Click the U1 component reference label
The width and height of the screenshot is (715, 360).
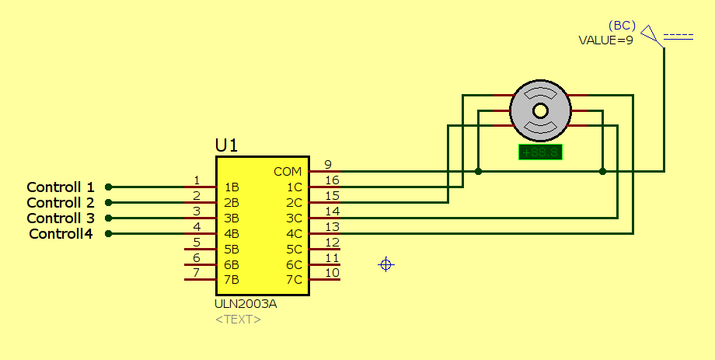tap(226, 145)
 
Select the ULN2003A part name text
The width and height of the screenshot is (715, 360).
tap(246, 304)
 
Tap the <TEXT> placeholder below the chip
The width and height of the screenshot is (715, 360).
tap(238, 319)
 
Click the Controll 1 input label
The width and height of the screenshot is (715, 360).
tap(61, 187)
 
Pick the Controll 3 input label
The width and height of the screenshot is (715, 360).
tap(61, 218)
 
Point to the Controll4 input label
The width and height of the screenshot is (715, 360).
tap(61, 234)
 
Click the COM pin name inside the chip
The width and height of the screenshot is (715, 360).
tap(288, 171)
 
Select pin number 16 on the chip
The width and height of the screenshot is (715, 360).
tap(332, 180)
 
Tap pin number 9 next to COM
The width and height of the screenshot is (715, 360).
tap(328, 165)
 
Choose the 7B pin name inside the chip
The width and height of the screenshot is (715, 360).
tap(232, 280)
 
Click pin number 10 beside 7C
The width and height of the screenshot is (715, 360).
tap(332, 273)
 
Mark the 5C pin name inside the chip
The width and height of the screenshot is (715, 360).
tap(294, 249)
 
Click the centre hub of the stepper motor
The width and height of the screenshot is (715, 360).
tap(539, 110)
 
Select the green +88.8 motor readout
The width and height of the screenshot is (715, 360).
tap(540, 152)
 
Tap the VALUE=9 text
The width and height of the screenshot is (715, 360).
tap(605, 40)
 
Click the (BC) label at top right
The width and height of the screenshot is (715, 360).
tap(622, 26)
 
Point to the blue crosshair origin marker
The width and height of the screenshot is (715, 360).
tap(386, 265)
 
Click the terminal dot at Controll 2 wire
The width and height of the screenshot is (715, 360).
tap(109, 202)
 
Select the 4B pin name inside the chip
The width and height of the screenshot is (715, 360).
tap(232, 233)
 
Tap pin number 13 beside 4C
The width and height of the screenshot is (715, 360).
tap(332, 227)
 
